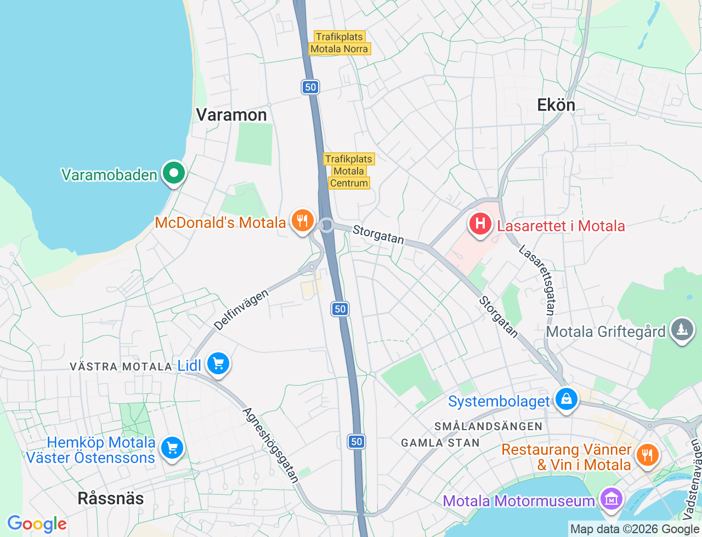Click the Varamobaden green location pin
(x=174, y=174)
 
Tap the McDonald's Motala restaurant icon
(x=302, y=221)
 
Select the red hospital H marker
(x=480, y=224)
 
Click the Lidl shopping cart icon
(x=218, y=363)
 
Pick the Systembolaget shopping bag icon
(x=567, y=399)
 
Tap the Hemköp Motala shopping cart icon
(x=172, y=449)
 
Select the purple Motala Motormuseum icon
(x=611, y=499)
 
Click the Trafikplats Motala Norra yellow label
(x=339, y=43)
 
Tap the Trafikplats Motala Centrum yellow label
(x=349, y=171)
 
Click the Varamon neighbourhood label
(x=231, y=115)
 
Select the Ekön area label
(x=556, y=105)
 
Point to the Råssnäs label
(x=111, y=499)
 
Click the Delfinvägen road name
(x=241, y=310)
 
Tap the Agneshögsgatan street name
(x=271, y=445)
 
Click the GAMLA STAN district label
(x=440, y=443)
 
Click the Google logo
(x=37, y=524)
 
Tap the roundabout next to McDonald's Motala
(x=327, y=225)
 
